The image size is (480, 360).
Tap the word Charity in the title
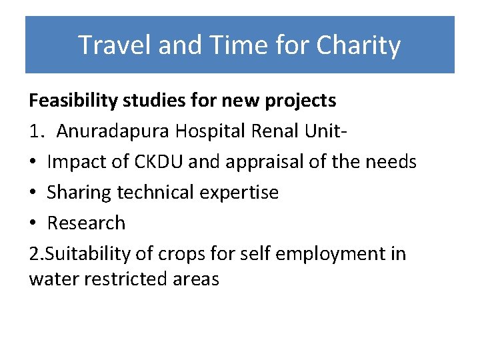click(x=358, y=45)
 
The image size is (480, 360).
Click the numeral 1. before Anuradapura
click(x=37, y=131)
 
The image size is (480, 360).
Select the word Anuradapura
click(x=113, y=131)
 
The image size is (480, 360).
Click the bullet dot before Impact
click(x=33, y=162)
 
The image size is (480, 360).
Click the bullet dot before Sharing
click(x=33, y=193)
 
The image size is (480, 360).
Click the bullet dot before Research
click(x=33, y=223)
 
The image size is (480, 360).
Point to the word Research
click(x=86, y=223)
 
